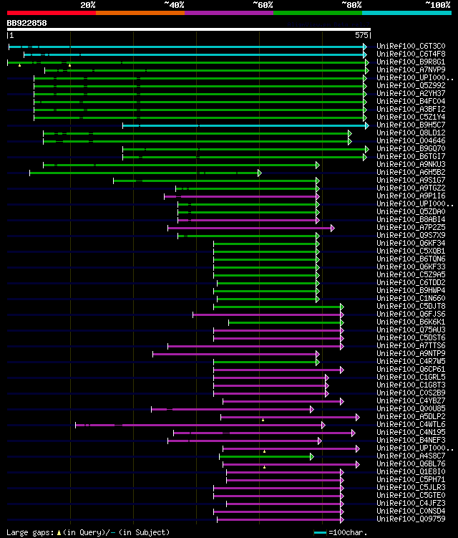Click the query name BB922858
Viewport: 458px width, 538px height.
click(x=27, y=23)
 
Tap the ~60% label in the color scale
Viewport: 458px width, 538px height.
click(x=263, y=4)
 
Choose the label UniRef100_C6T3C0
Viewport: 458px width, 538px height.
click(x=410, y=46)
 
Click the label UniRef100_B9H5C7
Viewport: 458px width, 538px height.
click(x=410, y=125)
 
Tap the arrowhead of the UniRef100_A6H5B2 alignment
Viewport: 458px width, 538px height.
click(x=260, y=173)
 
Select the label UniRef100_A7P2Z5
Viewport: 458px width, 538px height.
click(x=410, y=227)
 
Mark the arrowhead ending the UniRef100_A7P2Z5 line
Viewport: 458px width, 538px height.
click(x=333, y=228)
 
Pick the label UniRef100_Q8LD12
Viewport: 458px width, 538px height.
click(x=410, y=133)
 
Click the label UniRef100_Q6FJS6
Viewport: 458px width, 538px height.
click(x=410, y=314)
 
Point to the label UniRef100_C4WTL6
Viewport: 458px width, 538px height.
click(x=410, y=424)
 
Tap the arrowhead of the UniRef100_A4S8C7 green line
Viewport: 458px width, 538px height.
click(x=312, y=456)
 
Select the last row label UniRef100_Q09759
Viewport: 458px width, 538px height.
click(x=410, y=519)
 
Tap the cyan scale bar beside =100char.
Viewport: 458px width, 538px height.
click(x=320, y=532)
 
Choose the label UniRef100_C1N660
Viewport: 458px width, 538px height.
click(x=410, y=298)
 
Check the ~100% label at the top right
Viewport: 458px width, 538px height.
click(x=437, y=4)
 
